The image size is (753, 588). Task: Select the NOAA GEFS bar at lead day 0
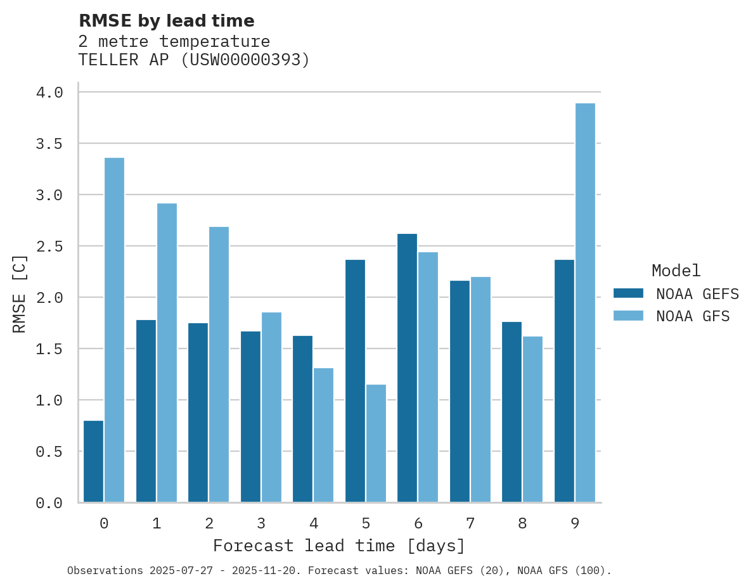93,461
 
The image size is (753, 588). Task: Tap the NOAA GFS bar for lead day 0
114,330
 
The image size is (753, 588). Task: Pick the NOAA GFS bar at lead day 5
376,444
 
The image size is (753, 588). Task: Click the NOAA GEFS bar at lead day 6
407,368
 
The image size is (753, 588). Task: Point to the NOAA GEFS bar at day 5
355,381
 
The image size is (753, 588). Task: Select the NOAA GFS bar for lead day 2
219,364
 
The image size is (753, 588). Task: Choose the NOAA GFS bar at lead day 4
323,435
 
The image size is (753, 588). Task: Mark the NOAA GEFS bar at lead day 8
512,412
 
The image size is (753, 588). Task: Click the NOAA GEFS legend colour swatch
628,293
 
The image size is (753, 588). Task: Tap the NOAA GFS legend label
693,316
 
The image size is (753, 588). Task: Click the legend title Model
676,271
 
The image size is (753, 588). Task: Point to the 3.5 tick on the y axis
49,144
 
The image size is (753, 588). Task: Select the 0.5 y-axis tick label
49,452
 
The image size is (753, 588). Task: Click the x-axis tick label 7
470,523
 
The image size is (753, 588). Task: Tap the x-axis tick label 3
261,523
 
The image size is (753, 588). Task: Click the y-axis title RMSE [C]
20,293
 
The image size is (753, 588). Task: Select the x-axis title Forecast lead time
339,546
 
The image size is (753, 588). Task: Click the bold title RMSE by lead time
166,21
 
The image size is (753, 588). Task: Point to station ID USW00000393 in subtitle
246,60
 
